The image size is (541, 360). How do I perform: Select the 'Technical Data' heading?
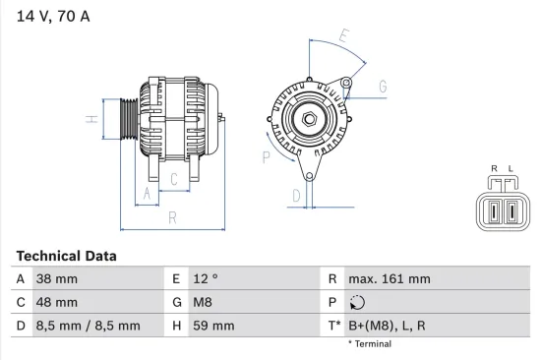66,256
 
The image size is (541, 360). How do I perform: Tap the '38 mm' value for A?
57,279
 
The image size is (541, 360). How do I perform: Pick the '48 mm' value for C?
57,302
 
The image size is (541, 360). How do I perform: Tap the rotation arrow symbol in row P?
356,302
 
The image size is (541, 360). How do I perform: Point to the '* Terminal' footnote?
370,344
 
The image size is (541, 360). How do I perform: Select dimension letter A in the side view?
147,194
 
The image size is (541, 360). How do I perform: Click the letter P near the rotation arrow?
267,155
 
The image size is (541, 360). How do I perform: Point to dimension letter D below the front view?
295,196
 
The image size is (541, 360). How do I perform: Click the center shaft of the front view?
308,120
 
